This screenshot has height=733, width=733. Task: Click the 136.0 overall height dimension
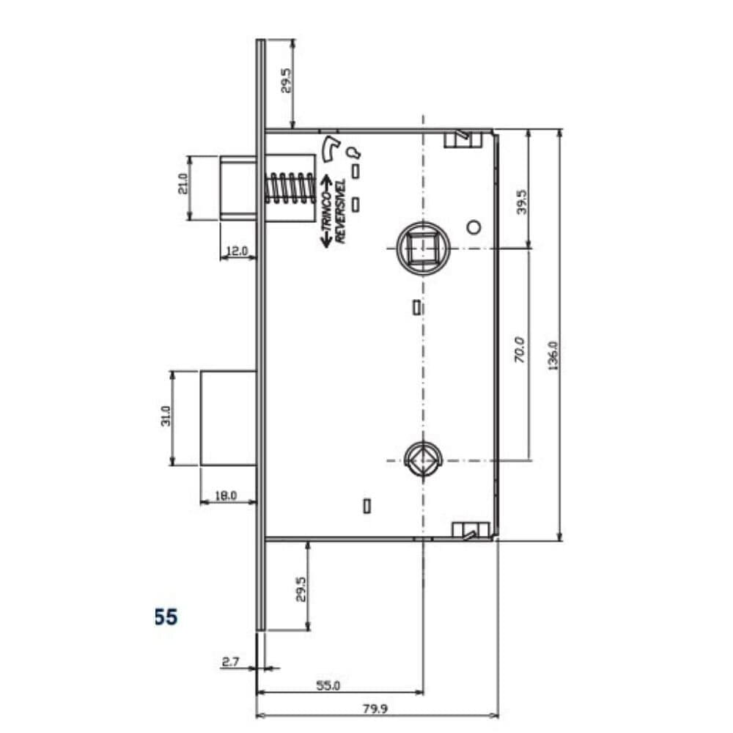point(553,356)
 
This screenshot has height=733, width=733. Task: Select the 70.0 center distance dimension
point(520,349)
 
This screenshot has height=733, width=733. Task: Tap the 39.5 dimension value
point(522,202)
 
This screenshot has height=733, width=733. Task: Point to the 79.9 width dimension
point(375,709)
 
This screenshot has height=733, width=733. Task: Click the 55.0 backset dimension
point(328,685)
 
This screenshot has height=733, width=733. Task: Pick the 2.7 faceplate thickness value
point(230,661)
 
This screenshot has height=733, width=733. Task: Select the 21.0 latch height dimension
point(183,184)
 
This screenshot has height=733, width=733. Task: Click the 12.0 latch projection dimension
point(237,251)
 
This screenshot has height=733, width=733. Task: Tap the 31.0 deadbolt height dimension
point(166,416)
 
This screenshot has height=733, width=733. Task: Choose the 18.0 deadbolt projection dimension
point(226,496)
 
